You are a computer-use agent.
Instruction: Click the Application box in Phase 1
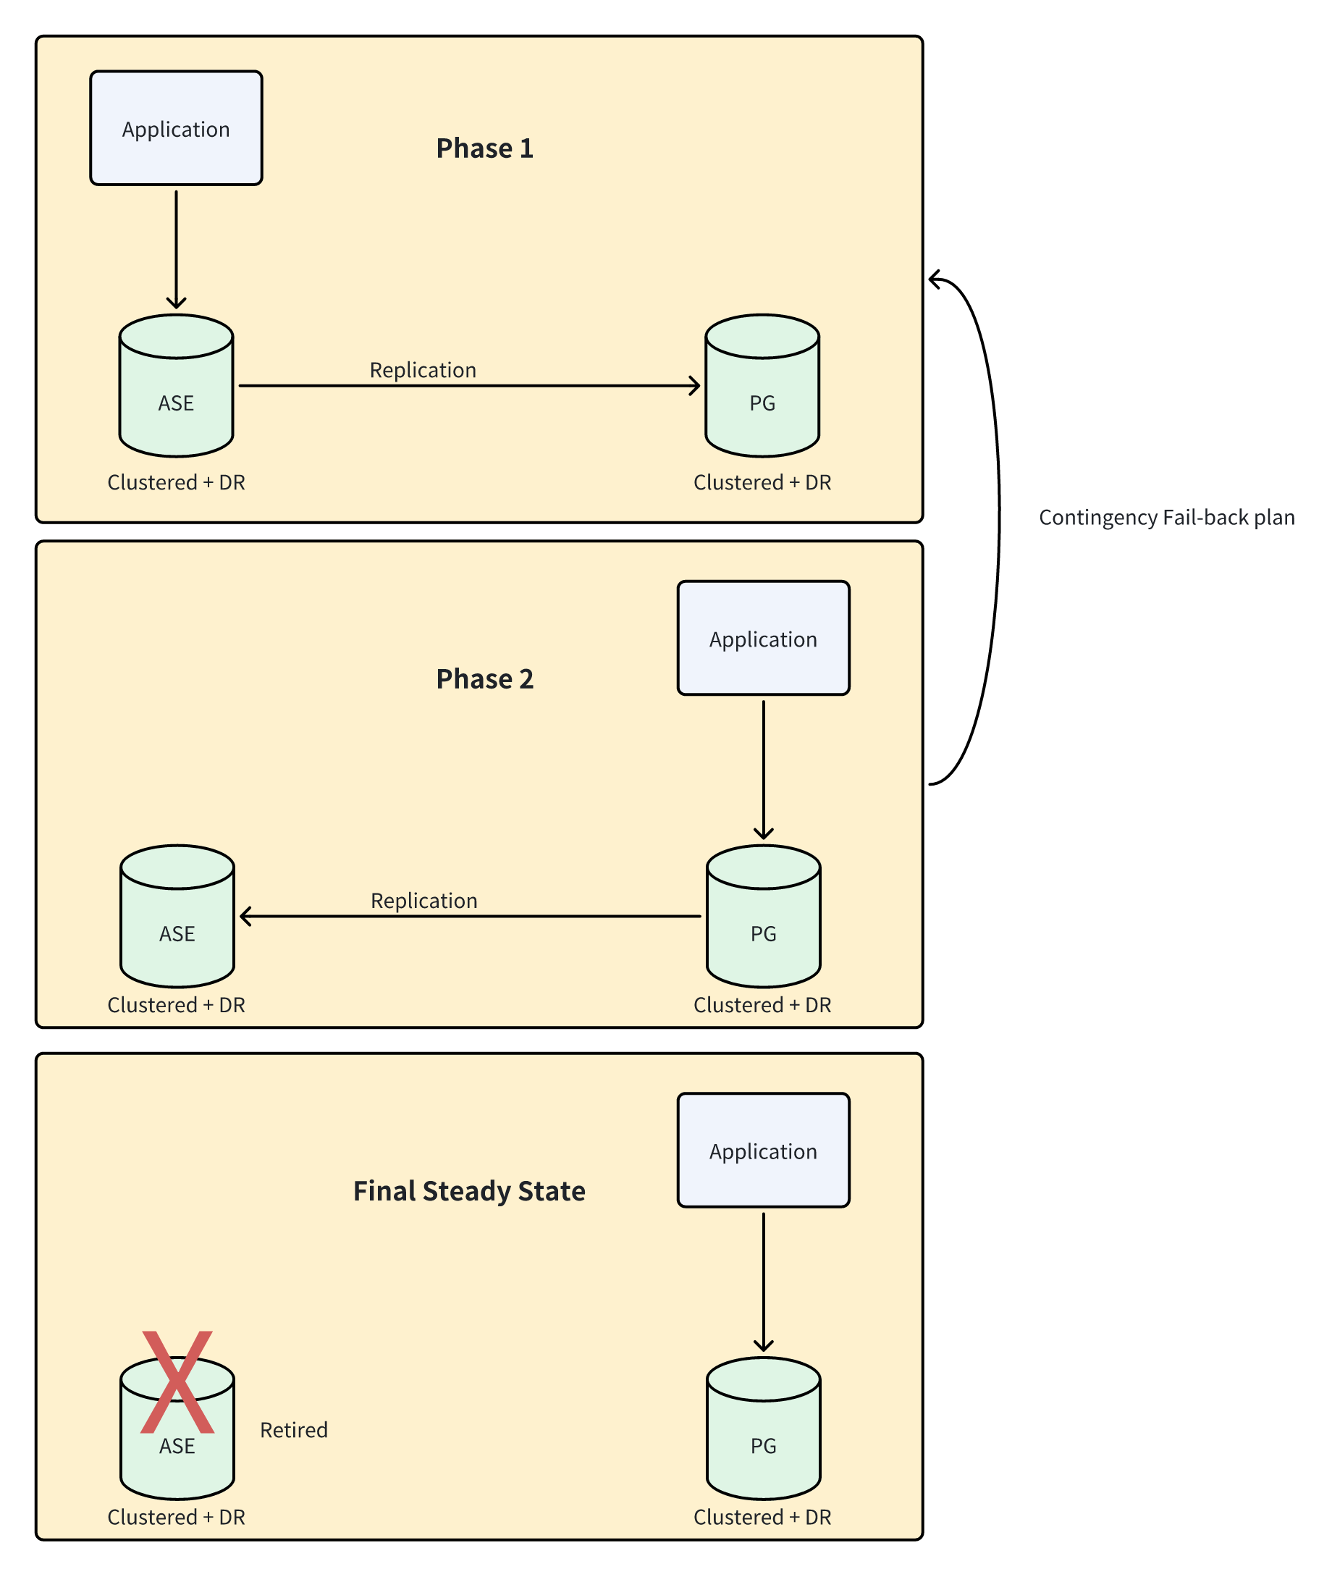pos(176,128)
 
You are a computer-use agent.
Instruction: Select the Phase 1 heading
pos(485,148)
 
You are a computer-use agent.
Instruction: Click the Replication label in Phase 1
pos(423,370)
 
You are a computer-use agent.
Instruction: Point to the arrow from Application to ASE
pos(176,249)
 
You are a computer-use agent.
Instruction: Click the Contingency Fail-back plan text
pos(1166,518)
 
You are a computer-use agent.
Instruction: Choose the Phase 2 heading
pos(485,678)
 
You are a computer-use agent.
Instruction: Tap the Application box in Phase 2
pos(763,638)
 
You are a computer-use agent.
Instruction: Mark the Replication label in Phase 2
pos(423,900)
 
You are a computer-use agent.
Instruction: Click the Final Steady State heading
pos(469,1190)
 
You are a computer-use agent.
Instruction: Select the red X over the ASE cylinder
pos(177,1382)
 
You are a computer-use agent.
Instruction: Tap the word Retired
pos(294,1430)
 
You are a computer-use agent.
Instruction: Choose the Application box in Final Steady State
pos(763,1151)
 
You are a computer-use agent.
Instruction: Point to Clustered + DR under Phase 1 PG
pos(762,482)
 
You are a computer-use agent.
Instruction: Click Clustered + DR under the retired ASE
pos(176,1517)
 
